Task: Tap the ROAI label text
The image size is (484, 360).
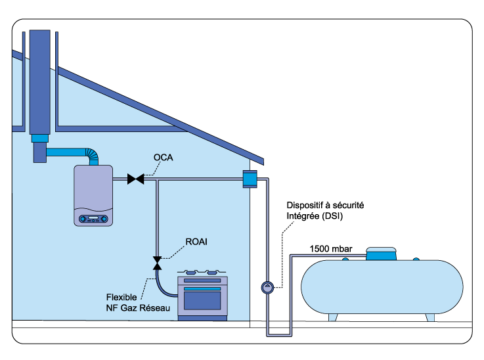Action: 196,241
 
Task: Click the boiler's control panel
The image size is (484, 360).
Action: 93,219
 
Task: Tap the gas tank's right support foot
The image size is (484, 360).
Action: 430,317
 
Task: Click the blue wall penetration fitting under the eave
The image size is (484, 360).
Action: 250,179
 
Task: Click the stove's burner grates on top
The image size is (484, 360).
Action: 202,272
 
